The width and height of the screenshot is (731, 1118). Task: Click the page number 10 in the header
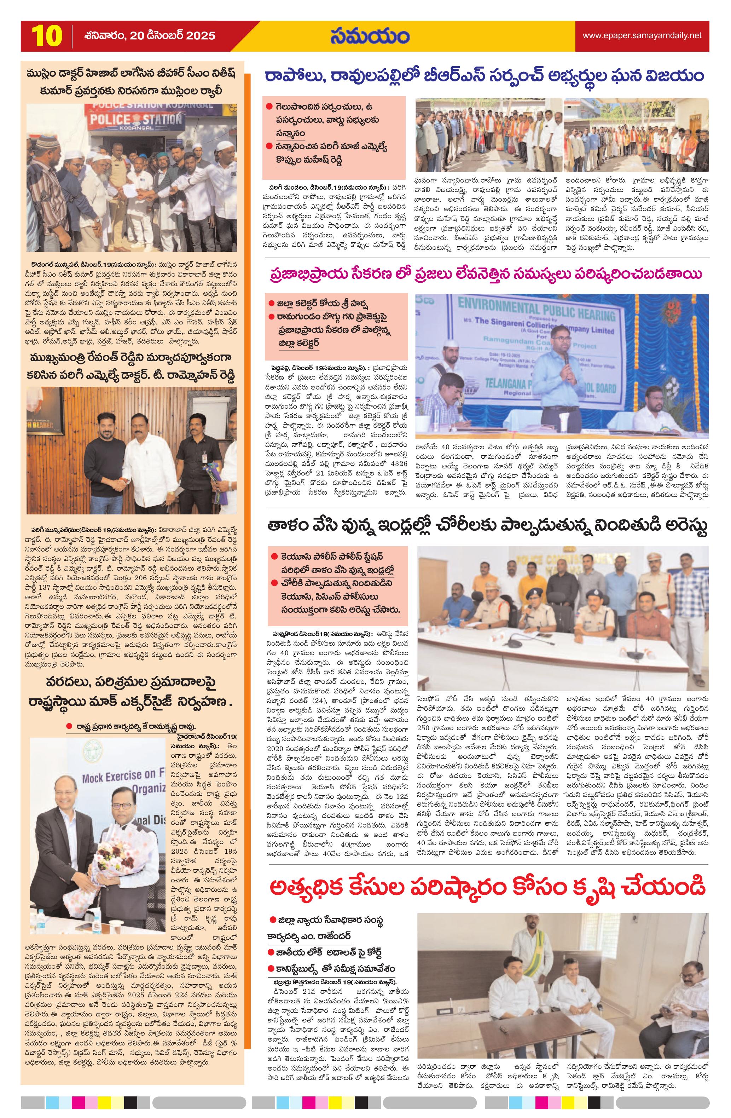47,36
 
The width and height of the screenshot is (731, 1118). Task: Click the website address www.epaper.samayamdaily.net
642,35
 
